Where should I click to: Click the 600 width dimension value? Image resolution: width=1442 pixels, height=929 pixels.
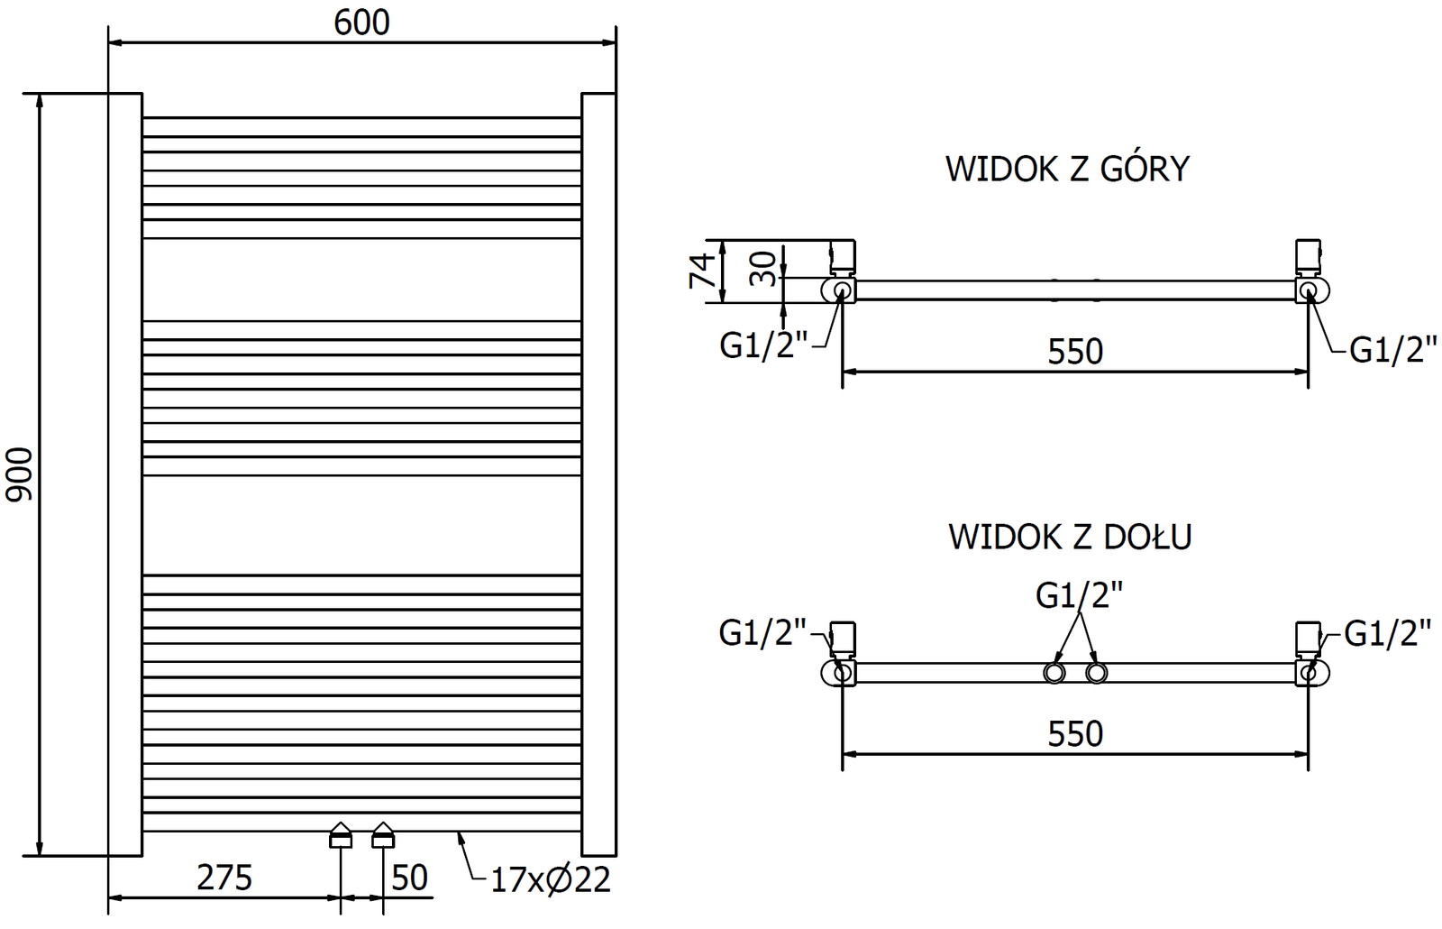(361, 23)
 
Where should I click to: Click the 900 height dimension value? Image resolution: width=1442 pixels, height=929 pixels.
(20, 474)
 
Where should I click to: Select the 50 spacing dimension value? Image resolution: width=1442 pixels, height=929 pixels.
(410, 877)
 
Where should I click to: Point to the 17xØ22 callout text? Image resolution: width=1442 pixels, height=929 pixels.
(551, 878)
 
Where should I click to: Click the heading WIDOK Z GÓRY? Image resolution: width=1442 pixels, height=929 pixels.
(1067, 169)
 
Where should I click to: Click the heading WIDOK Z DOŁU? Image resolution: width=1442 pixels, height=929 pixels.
(1070, 537)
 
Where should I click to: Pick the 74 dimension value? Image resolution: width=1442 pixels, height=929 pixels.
(703, 271)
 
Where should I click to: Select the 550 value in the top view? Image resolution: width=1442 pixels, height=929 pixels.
(1075, 351)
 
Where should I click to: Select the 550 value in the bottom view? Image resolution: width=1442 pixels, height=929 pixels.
(1075, 734)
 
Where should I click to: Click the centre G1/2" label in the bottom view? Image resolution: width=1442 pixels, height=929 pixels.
(1080, 595)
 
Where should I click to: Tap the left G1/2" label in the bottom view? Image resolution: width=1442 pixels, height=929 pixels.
(762, 633)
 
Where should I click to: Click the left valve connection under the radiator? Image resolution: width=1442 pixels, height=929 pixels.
(340, 836)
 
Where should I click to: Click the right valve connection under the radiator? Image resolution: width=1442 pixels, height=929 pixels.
(384, 836)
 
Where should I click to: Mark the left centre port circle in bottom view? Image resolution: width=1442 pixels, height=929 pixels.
(1054, 673)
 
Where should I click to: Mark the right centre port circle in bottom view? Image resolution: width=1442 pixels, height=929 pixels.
(1096, 673)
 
